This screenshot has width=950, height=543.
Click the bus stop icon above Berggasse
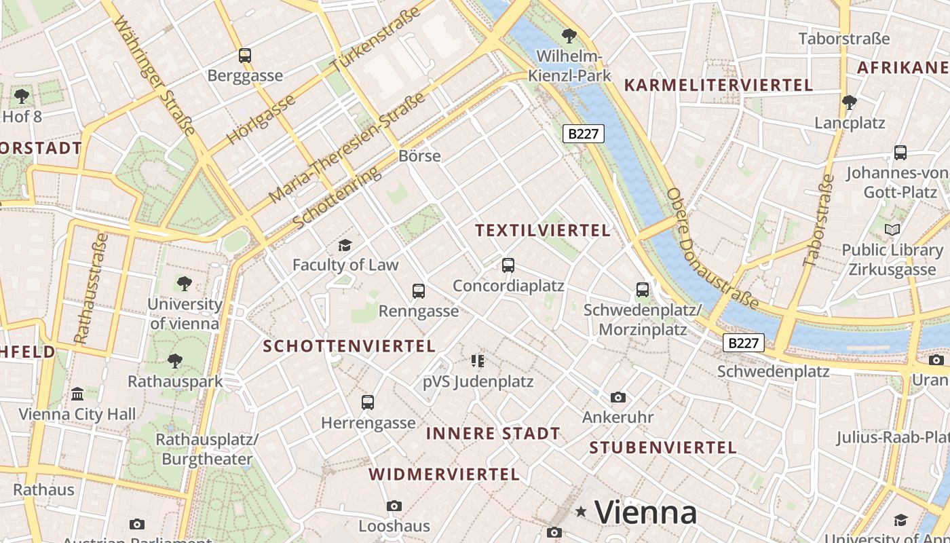245,56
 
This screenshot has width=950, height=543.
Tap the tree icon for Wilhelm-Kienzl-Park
569,35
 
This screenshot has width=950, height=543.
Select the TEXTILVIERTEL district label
543,231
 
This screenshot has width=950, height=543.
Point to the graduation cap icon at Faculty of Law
345,245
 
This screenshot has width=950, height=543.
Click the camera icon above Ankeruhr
617,397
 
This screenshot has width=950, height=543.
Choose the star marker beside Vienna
581,512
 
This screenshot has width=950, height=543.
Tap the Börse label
419,156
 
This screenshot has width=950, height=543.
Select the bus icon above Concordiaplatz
508,265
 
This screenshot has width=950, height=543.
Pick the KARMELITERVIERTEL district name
718,86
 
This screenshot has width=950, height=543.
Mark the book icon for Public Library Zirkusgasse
892,230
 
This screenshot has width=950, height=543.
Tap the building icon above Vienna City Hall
77,394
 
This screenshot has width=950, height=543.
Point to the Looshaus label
394,526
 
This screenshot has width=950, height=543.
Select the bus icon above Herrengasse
368,402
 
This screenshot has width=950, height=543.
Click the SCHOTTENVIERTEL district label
349,346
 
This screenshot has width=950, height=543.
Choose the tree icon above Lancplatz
849,103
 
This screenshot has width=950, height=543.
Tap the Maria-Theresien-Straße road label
347,148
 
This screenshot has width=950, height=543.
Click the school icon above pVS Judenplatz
478,361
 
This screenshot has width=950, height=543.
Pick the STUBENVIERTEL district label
662,448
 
